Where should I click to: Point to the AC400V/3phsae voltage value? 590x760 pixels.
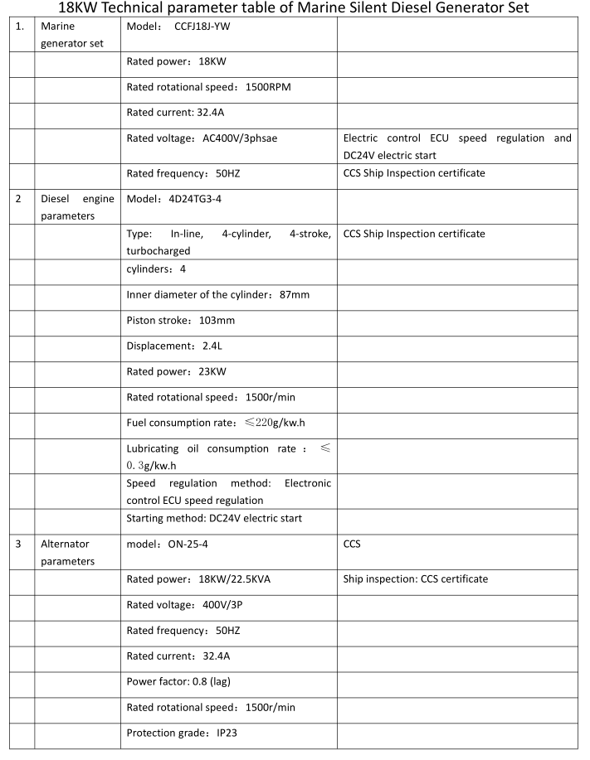coord(241,138)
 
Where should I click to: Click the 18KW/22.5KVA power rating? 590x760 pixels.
coord(236,578)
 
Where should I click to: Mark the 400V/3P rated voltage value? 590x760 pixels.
coord(223,604)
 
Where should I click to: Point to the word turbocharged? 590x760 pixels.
coord(158,249)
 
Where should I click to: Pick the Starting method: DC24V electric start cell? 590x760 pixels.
coord(214,518)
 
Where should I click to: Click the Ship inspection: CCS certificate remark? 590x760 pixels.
coord(415,578)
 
